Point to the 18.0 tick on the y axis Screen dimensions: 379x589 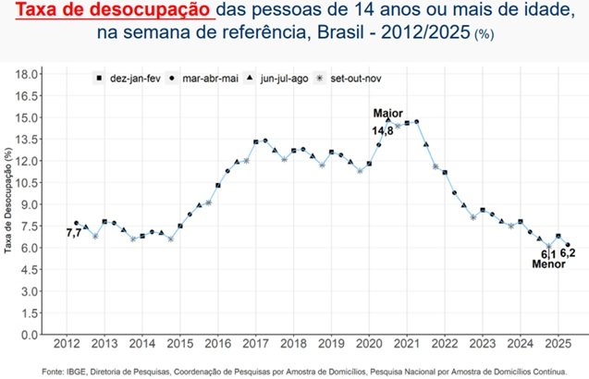[27, 73]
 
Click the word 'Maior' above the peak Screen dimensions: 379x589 [387, 114]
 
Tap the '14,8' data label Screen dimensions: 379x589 [383, 131]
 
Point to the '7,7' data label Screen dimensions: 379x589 [74, 234]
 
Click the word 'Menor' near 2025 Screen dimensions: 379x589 [548, 264]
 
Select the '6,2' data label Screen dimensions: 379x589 [568, 252]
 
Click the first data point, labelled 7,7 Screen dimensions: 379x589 [76, 223]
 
